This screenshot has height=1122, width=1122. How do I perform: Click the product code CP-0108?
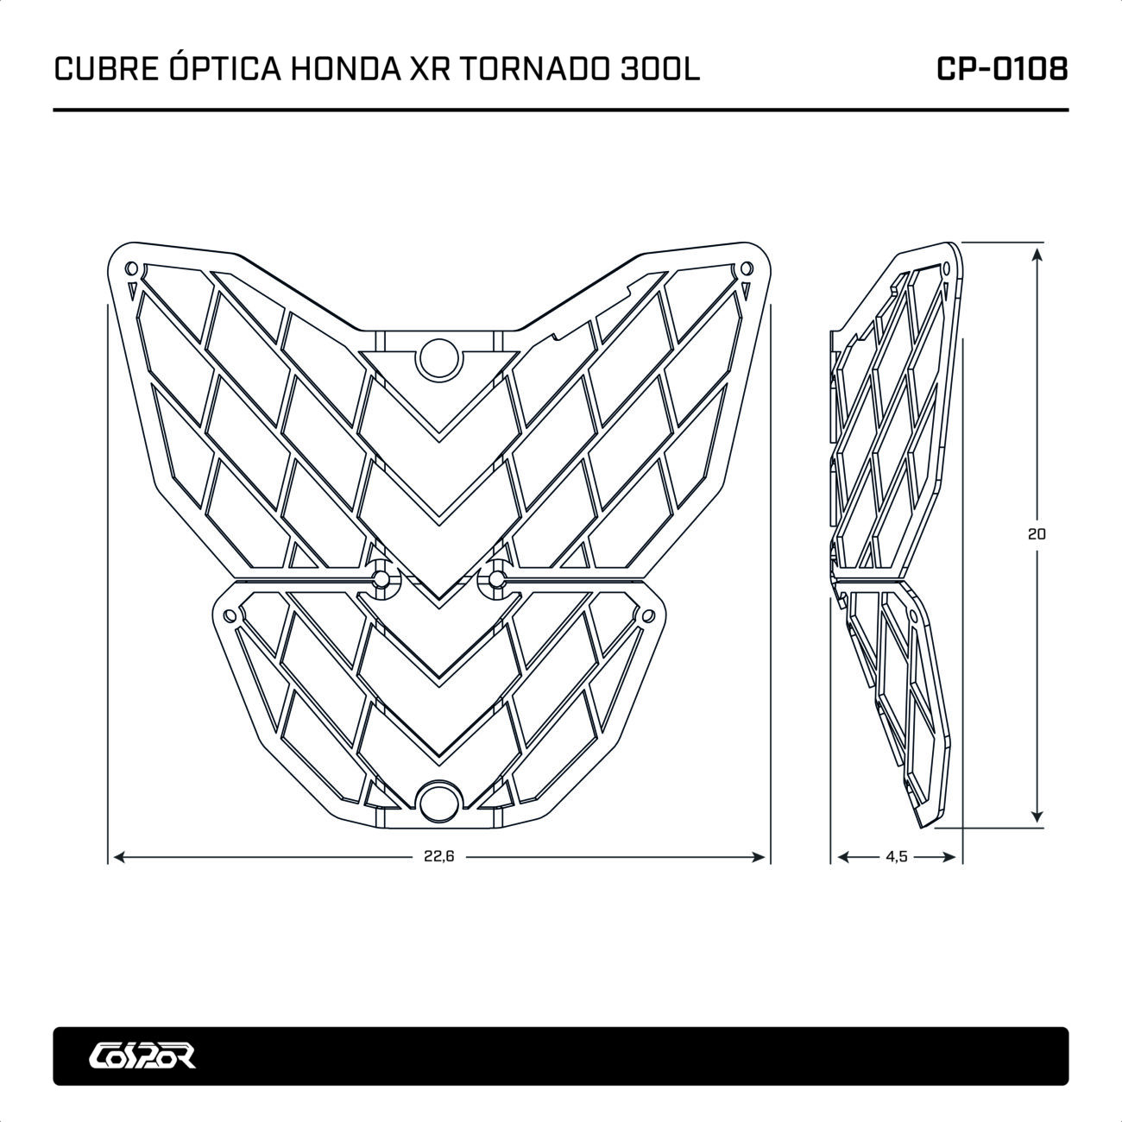tap(1002, 70)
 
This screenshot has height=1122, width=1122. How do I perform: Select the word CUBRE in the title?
tap(105, 70)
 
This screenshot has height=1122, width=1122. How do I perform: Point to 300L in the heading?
tap(660, 70)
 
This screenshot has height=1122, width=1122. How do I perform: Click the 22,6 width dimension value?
tap(438, 857)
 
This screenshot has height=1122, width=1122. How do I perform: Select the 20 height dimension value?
tap(1037, 534)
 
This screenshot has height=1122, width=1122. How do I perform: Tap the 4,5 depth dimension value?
tap(897, 857)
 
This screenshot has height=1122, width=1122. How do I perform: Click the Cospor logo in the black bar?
tap(142, 1056)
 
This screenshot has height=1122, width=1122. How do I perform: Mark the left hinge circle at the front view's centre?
tap(381, 578)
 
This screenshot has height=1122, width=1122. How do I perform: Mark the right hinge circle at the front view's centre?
tap(496, 578)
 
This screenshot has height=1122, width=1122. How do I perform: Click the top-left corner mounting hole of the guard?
tap(131, 268)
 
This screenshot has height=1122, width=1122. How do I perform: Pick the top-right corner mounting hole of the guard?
tap(746, 268)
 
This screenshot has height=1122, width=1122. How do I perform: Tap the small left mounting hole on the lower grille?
tap(230, 616)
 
